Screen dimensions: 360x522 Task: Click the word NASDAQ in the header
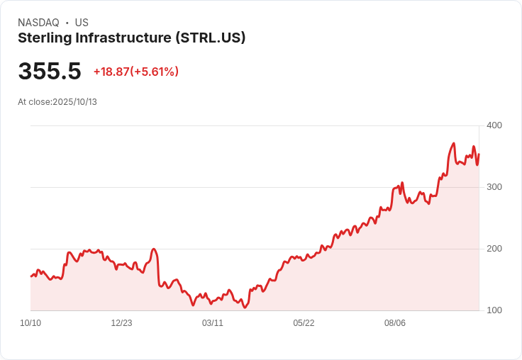point(38,23)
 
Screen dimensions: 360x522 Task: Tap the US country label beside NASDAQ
point(82,23)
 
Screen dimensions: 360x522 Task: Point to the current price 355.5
point(49,72)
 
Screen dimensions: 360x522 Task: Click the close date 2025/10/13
point(74,102)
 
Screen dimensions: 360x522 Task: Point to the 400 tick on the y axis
point(494,125)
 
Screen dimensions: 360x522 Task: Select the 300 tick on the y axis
point(494,187)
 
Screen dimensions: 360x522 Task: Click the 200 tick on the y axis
point(494,249)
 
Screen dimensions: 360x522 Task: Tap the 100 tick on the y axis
point(494,310)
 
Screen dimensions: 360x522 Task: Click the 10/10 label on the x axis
point(30,323)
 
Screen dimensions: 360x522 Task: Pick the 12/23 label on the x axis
point(121,323)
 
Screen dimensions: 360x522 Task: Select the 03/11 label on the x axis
point(213,323)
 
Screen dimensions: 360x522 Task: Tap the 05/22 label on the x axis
point(304,323)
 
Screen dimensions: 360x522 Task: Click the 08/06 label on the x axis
point(394,323)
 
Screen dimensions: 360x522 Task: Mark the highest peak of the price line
point(453,143)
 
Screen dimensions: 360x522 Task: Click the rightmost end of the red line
point(479,154)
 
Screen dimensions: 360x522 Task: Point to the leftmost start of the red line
point(30,276)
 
